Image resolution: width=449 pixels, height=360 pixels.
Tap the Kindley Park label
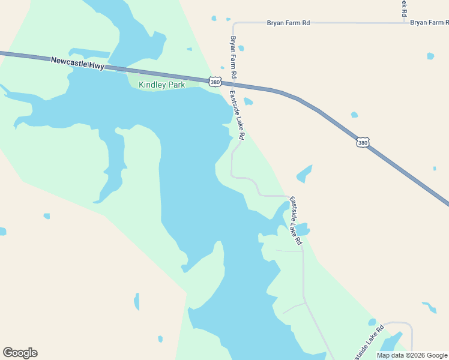coord(161,85)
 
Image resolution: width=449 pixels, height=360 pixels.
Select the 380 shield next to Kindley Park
coord(215,81)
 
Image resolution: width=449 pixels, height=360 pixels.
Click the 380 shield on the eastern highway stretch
coord(362,142)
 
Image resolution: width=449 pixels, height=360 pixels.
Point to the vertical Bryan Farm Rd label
coord(234,58)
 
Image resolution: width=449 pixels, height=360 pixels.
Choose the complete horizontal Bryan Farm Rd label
coord(288,23)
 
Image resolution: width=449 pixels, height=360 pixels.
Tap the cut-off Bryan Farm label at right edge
coord(429,23)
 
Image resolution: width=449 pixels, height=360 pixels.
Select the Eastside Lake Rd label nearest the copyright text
coord(368,341)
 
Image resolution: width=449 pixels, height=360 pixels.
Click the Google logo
coord(20,353)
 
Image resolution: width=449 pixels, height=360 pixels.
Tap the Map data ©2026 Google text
coord(412,355)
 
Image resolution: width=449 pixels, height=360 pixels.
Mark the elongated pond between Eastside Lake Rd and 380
coord(304,174)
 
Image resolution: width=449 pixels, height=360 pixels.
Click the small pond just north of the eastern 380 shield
coord(354,115)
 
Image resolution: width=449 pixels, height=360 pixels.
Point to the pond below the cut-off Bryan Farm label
coord(430,56)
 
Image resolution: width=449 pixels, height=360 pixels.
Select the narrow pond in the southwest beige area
coord(136,301)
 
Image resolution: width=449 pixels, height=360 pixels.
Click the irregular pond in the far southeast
coord(429,307)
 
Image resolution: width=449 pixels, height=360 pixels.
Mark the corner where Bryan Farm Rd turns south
coord(234,24)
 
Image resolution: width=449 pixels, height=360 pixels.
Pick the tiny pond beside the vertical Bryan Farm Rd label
coord(241,48)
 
